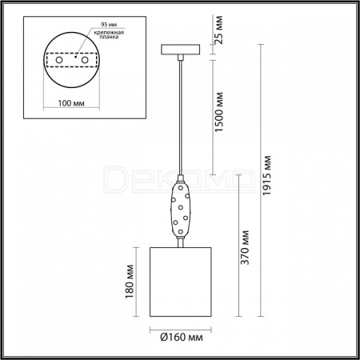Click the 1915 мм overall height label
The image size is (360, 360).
click(x=266, y=175)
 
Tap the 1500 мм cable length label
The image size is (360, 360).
click(x=218, y=112)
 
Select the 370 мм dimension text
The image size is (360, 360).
click(x=245, y=247)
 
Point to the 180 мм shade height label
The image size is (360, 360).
click(x=130, y=282)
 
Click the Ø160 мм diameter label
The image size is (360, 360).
click(x=182, y=338)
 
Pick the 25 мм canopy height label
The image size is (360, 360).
click(x=218, y=30)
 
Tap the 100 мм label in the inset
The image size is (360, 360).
click(x=71, y=103)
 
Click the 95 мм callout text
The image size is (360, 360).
click(x=109, y=25)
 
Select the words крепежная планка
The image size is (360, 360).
click(x=109, y=34)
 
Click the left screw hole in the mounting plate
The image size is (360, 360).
click(x=59, y=60)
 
